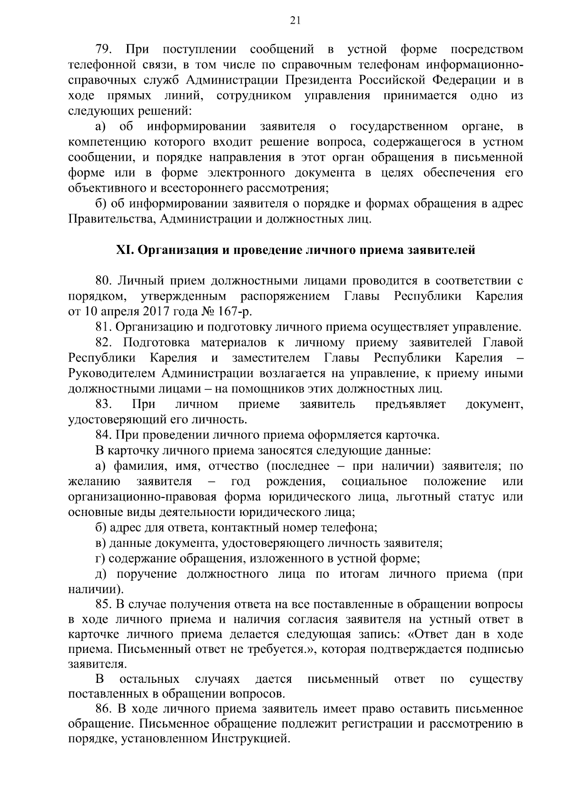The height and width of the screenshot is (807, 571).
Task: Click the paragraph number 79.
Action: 104,49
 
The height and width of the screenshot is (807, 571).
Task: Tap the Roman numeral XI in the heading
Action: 125,250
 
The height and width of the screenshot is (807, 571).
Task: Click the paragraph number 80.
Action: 104,281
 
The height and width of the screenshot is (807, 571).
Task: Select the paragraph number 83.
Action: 104,404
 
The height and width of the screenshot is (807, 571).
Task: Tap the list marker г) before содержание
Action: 100,558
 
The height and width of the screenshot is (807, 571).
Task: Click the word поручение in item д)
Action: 147,574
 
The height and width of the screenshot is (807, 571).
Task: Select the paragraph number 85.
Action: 104,604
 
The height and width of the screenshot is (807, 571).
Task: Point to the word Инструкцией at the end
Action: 250,739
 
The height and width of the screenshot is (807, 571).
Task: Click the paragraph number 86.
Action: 104,709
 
